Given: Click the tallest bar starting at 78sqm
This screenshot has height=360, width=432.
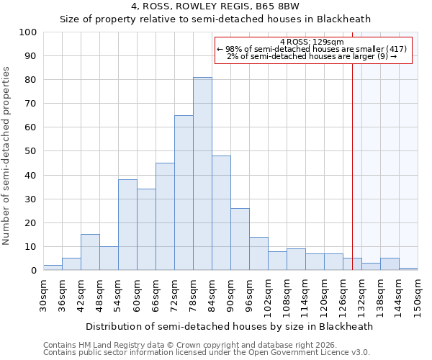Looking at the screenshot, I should point(202,174).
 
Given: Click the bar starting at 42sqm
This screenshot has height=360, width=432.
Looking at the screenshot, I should point(90,252).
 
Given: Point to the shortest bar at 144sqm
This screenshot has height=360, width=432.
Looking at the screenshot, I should point(408,269).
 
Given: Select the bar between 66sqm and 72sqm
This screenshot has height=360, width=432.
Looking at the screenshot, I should point(165,217).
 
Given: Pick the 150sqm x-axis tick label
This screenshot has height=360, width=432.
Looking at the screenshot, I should point(418,296).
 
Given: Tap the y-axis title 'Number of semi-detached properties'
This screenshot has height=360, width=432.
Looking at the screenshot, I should point(6,156).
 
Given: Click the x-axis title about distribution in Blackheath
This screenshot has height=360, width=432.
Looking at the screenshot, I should point(229,326).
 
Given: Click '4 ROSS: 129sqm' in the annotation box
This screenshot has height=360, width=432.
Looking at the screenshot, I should point(312,42).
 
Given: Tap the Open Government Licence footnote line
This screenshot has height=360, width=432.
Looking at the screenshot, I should point(207,353).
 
